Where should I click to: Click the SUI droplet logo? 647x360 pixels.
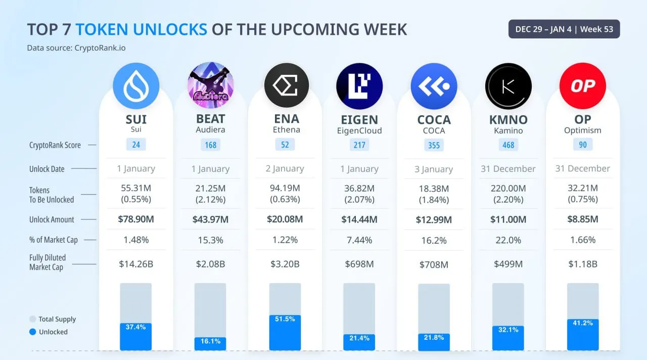click(x=136, y=86)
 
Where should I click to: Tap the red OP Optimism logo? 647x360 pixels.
click(x=583, y=86)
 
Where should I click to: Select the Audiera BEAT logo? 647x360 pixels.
click(x=210, y=86)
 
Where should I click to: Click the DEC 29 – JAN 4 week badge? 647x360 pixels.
click(x=564, y=29)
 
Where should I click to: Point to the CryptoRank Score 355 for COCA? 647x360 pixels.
click(x=434, y=145)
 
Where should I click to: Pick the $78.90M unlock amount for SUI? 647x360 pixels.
click(x=136, y=219)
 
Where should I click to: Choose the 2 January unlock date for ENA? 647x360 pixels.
click(x=285, y=168)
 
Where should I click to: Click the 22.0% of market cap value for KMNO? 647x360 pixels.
click(x=508, y=240)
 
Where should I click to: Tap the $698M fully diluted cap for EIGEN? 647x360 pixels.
click(x=359, y=264)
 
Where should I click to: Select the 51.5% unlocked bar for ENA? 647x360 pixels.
click(x=285, y=333)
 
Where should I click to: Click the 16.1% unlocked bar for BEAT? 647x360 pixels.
click(x=210, y=344)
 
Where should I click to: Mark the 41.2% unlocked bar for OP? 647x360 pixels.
click(x=583, y=335)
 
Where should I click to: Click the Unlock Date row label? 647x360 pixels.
click(x=47, y=169)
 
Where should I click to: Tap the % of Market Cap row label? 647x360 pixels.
click(x=53, y=240)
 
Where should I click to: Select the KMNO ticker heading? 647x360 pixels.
click(x=508, y=120)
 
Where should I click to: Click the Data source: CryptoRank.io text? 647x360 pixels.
click(x=76, y=48)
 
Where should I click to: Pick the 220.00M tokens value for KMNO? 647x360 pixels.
click(x=508, y=189)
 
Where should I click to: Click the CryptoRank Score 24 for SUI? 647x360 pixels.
click(x=136, y=145)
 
